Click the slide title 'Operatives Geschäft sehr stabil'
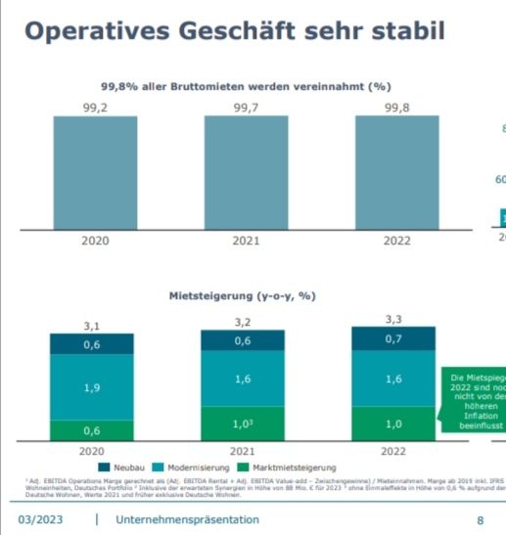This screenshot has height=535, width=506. tap(234, 30)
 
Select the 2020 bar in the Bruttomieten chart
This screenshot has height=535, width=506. tap(95, 172)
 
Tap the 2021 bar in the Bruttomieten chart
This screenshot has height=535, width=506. tap(246, 172)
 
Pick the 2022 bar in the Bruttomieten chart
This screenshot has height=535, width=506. tap(396, 172)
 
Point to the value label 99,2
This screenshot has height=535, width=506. tap(95, 107)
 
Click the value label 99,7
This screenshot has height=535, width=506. tap(246, 107)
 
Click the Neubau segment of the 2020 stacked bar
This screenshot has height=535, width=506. tap(92, 344)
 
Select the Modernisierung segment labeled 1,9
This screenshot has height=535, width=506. tap(92, 387)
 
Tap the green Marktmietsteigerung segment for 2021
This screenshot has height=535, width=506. tap(243, 424)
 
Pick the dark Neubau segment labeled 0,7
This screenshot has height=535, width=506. tap(393, 338)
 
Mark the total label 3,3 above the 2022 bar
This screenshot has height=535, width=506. tap(393, 319)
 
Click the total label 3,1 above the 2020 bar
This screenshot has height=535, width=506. tap(92, 325)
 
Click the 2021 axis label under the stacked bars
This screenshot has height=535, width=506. tap(243, 451)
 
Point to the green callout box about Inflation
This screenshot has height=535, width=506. tap(474, 402)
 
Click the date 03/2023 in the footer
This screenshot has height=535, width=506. tap(40, 519)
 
